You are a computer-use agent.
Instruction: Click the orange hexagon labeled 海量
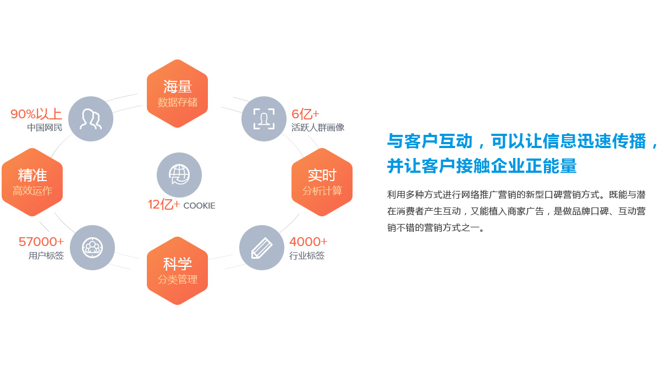pyautogui.click(x=177, y=94)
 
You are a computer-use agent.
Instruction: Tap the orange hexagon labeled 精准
pyautogui.click(x=32, y=182)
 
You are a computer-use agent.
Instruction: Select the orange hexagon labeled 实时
pyautogui.click(x=322, y=182)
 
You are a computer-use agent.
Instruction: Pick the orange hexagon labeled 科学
pyautogui.click(x=177, y=271)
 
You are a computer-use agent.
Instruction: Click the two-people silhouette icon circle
pyautogui.click(x=91, y=119)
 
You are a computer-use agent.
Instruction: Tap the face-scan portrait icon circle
pyautogui.click(x=264, y=119)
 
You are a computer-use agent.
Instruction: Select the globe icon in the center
pyautogui.click(x=179, y=175)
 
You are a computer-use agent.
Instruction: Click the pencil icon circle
pyautogui.click(x=262, y=248)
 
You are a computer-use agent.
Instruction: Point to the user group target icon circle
pyautogui.click(x=92, y=248)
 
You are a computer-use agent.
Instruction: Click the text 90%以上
pyautogui.click(x=36, y=114)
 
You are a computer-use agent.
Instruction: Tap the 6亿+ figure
pyautogui.click(x=305, y=114)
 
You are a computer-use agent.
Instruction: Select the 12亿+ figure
pyautogui.click(x=164, y=204)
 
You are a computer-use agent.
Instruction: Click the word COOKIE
pyautogui.click(x=199, y=205)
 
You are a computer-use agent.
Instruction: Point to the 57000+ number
pyautogui.click(x=41, y=242)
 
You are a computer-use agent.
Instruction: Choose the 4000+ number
pyautogui.click(x=309, y=242)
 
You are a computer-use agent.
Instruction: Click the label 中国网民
pyautogui.click(x=45, y=127)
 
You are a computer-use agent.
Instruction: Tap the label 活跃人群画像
pyautogui.click(x=318, y=127)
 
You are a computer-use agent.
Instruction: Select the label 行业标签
pyautogui.click(x=307, y=255)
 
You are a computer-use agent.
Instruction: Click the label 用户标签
pyautogui.click(x=46, y=255)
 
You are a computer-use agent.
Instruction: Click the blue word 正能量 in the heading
pyautogui.click(x=551, y=166)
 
